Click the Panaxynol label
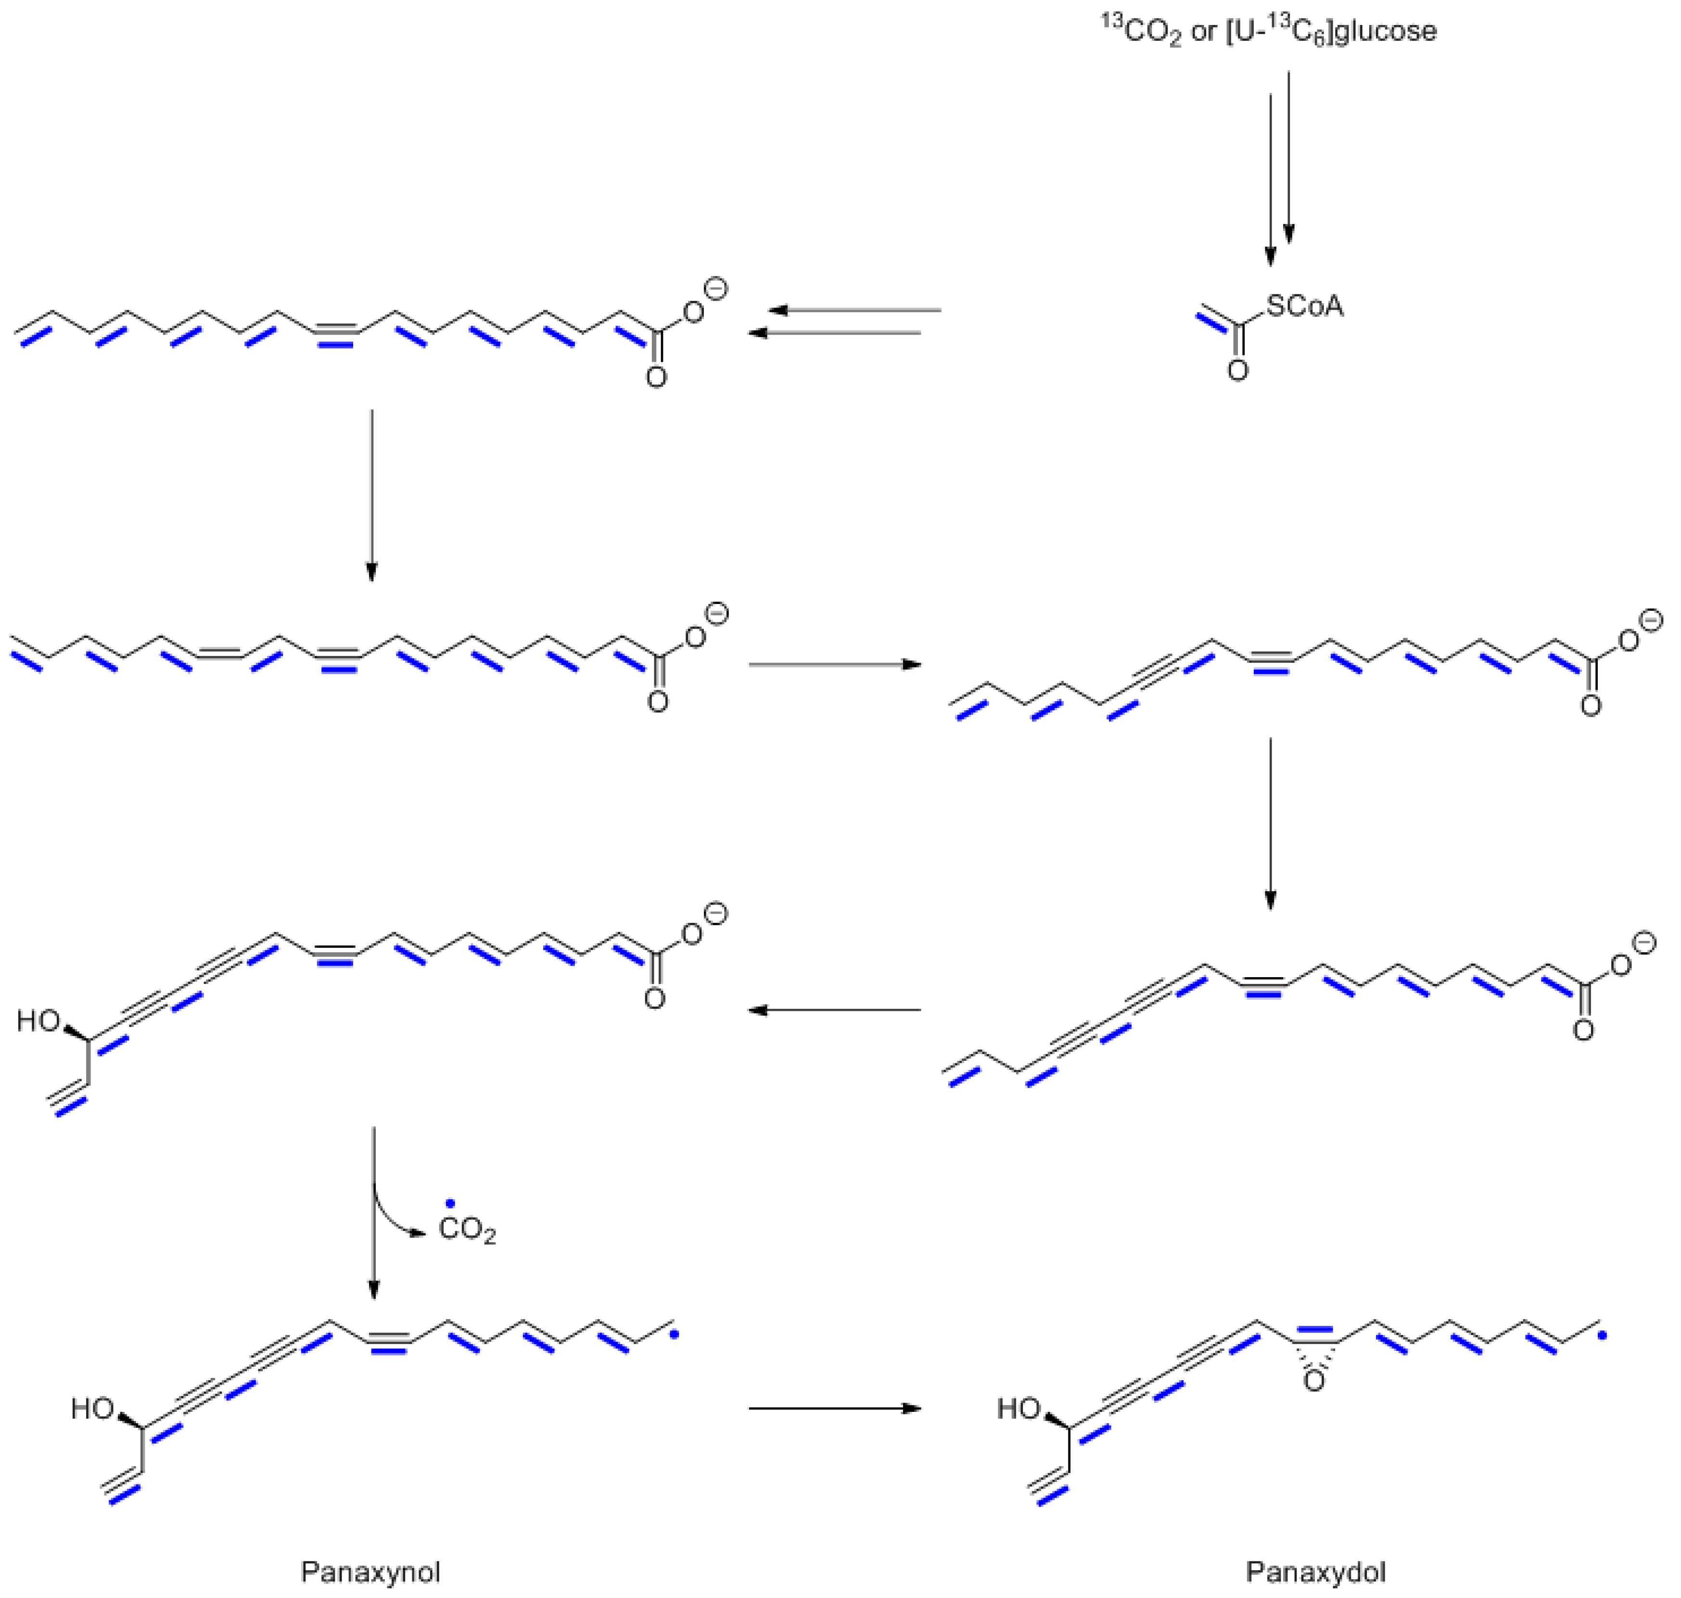370,1572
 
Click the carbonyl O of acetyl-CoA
1238,371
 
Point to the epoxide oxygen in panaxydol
1315,1381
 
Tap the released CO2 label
467,1231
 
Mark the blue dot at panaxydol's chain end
1602,1335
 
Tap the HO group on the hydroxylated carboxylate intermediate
38,1020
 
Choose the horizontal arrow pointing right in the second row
835,665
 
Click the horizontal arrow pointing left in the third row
835,1010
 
